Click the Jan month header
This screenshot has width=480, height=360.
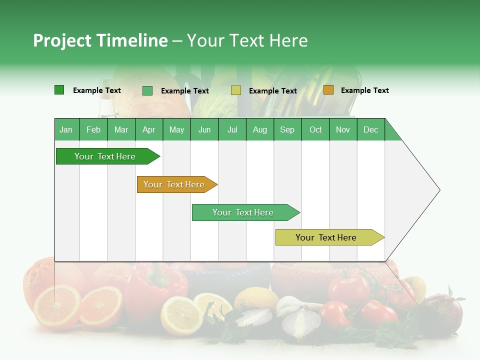tap(66, 129)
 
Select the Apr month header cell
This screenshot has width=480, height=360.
tap(149, 129)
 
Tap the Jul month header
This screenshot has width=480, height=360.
tap(232, 129)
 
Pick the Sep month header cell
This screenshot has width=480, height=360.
tap(287, 129)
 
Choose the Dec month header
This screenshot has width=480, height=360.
tap(370, 129)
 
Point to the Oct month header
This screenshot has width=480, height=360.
tap(315, 129)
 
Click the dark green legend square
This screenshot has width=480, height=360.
tap(59, 90)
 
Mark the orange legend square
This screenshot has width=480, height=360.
tap(328, 90)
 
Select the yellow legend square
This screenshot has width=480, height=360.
tap(236, 90)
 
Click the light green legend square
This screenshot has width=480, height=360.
tap(147, 90)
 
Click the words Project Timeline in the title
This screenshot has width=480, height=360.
tap(100, 40)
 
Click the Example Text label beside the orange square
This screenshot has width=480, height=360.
tap(364, 90)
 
